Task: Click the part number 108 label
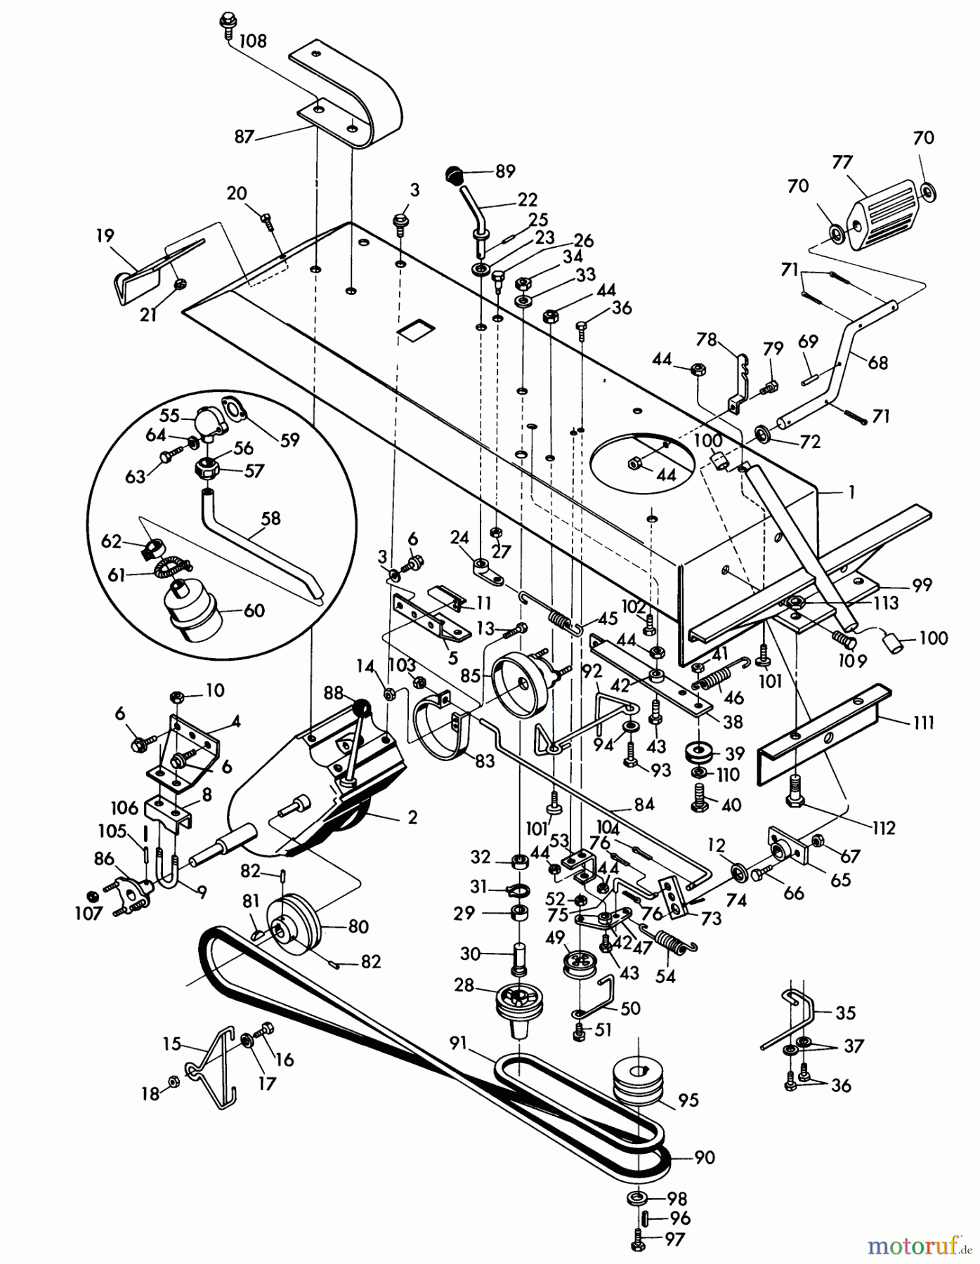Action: coord(252,41)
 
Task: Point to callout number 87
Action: coord(244,136)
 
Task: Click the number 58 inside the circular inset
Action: coord(270,519)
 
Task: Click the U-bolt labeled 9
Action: coord(168,874)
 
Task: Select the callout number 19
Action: coord(105,235)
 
